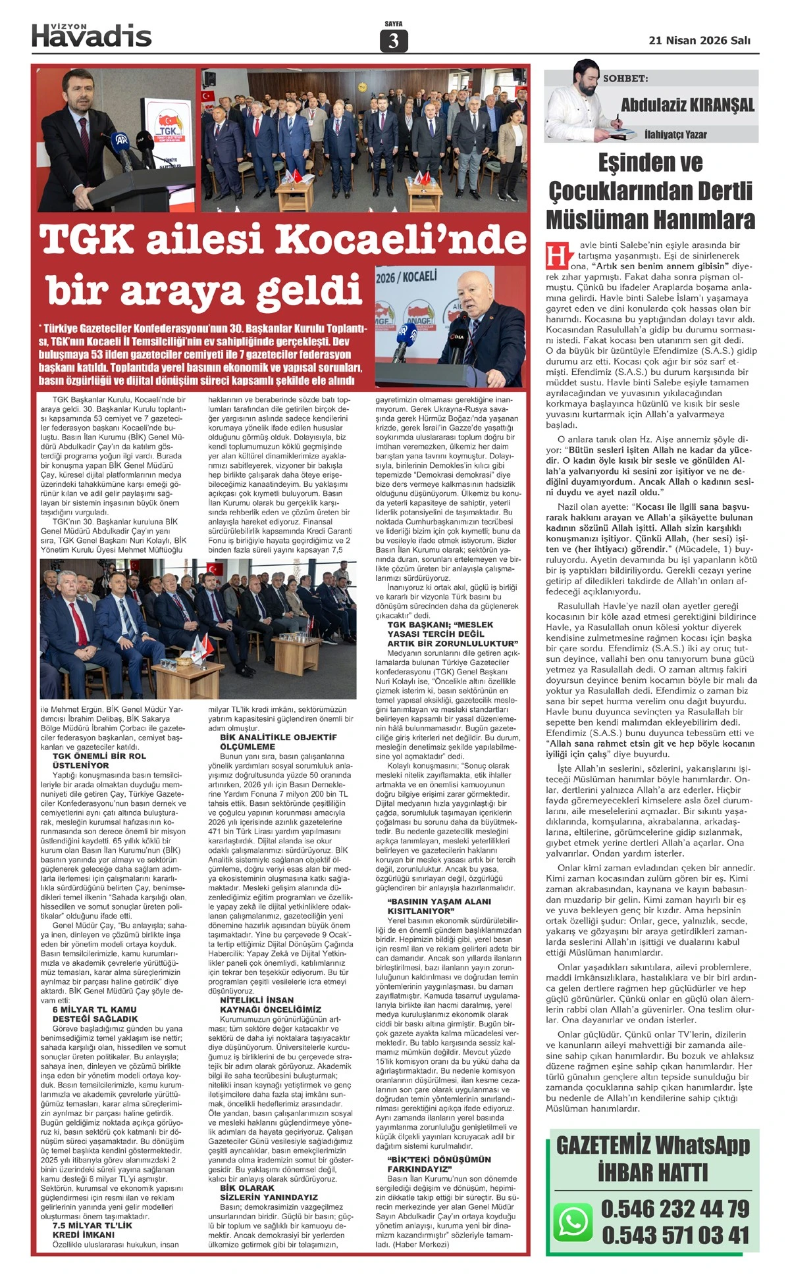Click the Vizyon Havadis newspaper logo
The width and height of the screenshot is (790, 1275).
coord(92,35)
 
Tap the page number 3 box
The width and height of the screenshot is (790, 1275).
coord(394,41)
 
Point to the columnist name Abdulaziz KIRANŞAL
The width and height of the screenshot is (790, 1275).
coord(687,105)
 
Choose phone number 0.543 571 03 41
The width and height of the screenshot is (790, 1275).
coord(675,1235)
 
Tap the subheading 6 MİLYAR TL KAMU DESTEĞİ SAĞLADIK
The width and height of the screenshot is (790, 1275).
coord(95,1014)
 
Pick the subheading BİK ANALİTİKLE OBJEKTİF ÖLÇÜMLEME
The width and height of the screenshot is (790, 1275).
coord(278,742)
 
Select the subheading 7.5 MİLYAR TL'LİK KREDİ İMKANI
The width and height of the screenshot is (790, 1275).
coord(92,1230)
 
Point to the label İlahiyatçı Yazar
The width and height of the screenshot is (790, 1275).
coord(675,135)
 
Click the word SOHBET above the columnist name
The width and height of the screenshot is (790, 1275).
coord(625,79)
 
